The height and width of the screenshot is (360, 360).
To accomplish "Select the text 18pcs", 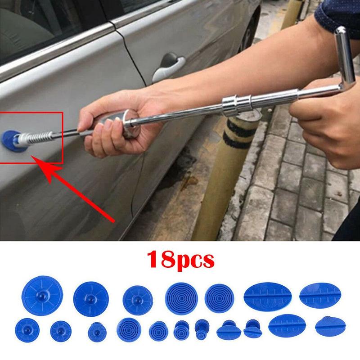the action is click(x=181, y=260).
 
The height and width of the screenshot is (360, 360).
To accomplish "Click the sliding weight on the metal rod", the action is click(x=237, y=104).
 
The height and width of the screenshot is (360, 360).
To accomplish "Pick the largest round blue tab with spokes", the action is click(x=42, y=296).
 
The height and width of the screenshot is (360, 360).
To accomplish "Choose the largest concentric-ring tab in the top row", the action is click(x=181, y=298).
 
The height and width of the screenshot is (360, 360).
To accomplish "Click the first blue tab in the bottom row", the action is click(x=27, y=330).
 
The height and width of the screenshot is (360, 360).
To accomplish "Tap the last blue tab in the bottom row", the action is click(x=330, y=327).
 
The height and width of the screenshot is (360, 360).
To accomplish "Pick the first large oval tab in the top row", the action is click(x=268, y=297).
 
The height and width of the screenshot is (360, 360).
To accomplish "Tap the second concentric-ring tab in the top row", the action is click(x=220, y=298).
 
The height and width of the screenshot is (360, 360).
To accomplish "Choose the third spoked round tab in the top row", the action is click(x=138, y=300).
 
